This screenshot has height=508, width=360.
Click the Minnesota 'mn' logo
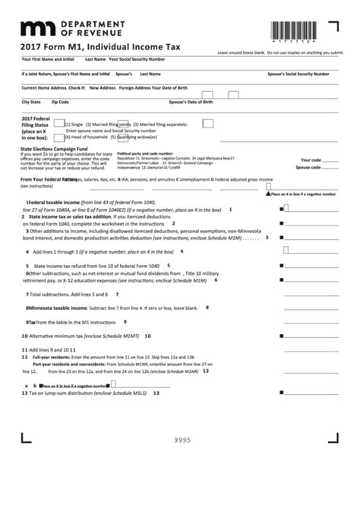[36, 29]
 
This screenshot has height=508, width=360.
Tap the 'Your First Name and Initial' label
[48, 58]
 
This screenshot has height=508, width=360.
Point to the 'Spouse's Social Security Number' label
[298, 74]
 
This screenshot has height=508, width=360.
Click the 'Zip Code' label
[60, 101]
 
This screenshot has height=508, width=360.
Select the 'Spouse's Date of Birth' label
[191, 101]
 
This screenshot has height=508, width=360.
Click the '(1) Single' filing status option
[74, 124]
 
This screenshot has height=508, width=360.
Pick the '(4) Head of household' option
[89, 136]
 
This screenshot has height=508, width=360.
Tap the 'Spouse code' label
[308, 167]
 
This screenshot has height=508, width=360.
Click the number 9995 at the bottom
[182, 440]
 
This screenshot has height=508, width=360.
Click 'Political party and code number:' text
[144, 153]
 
